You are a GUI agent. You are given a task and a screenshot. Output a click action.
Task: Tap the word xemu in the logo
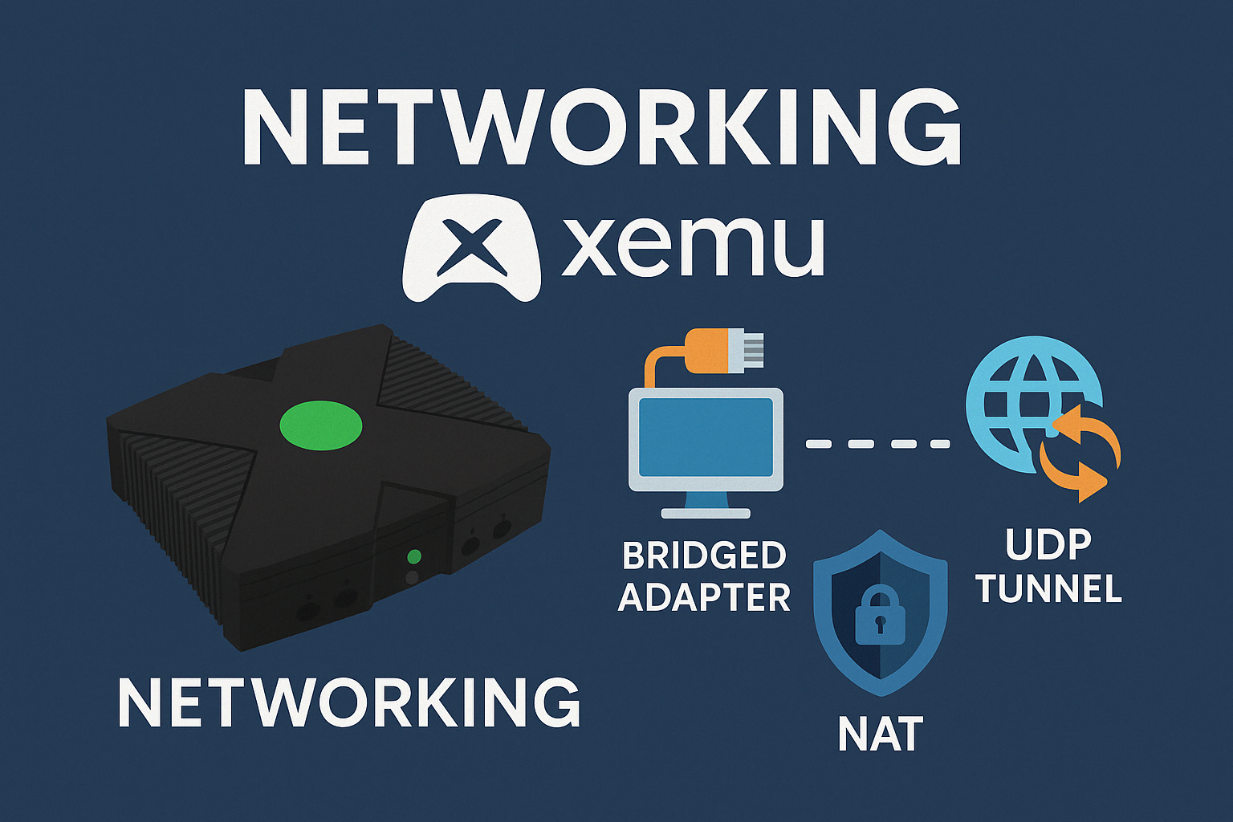[x=693, y=246]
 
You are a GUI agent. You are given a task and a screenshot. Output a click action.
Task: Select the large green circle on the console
[x=321, y=425]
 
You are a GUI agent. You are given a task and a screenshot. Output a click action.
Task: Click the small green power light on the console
[x=414, y=556]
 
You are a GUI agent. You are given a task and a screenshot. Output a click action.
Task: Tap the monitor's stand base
[x=706, y=514]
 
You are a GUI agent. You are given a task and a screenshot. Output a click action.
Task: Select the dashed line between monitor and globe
[x=878, y=444]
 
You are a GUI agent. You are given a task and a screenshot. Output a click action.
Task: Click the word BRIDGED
[x=704, y=555]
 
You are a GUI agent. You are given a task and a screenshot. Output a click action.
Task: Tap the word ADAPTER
[x=704, y=597]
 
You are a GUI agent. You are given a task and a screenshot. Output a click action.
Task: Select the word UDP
[x=1048, y=545]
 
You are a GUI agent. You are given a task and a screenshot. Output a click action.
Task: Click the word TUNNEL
[x=1049, y=588]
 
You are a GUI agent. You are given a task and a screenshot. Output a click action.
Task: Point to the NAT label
[x=880, y=735]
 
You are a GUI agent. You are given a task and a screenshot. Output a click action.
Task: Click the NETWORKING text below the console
[x=349, y=703]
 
